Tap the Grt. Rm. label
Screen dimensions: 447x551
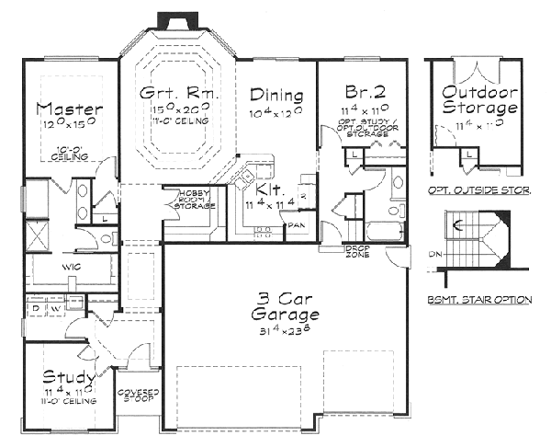pos(176,93)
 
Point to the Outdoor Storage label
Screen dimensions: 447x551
pos(478,100)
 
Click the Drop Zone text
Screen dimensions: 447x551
pos(357,250)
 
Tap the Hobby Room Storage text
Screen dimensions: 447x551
pos(190,200)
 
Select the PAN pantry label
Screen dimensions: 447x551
pos(297,223)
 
